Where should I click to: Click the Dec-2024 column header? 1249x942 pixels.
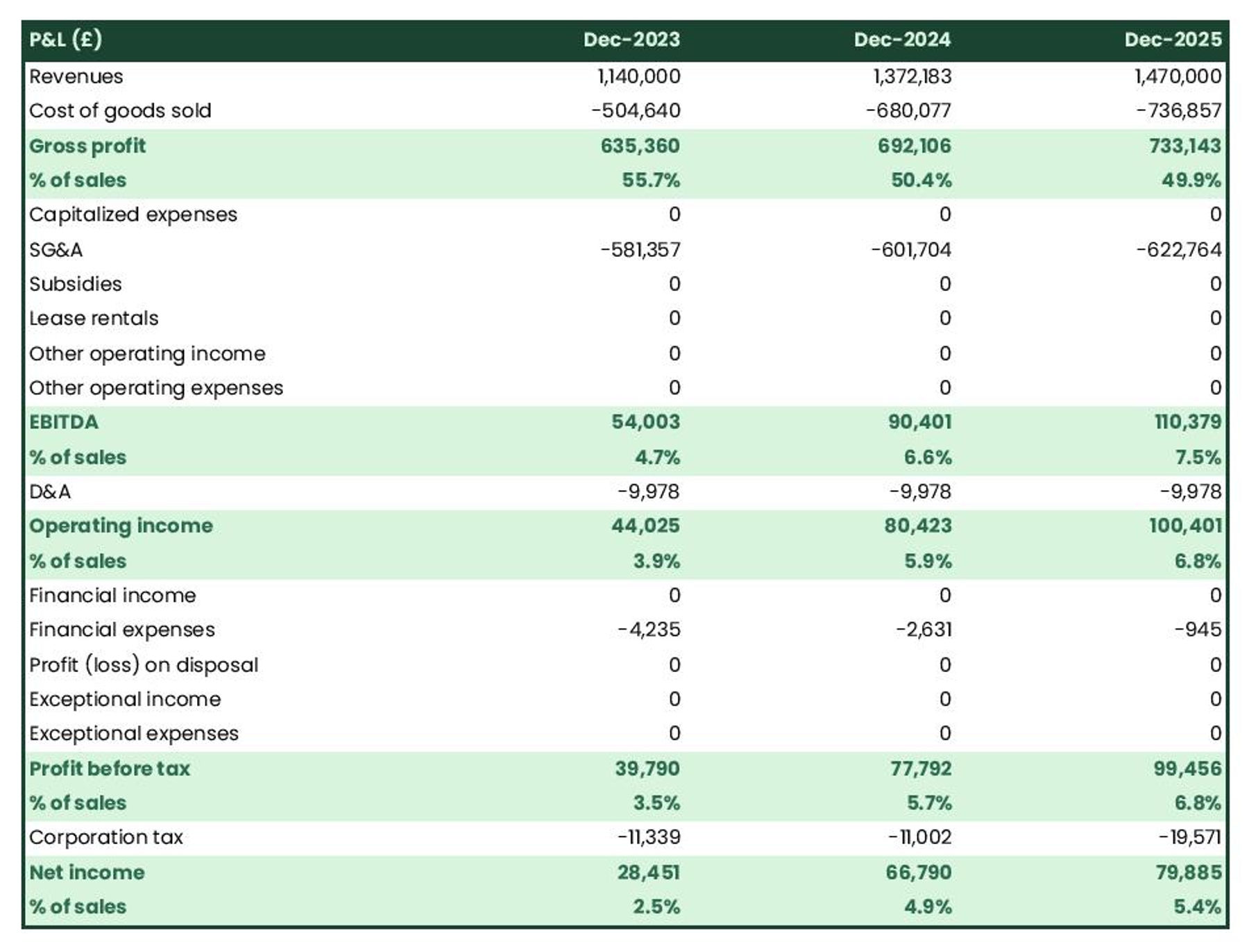pos(901,40)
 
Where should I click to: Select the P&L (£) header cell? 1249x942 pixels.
pos(66,40)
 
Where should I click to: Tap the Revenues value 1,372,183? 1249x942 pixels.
pos(912,76)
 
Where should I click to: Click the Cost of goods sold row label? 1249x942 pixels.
pos(120,111)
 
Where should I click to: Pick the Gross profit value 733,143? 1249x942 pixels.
pos(1184,146)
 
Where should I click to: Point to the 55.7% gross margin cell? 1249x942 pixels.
pos(650,180)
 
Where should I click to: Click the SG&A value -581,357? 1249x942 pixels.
pos(640,250)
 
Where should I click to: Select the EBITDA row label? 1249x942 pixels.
pos(64,422)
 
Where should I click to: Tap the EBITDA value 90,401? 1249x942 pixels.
pos(919,422)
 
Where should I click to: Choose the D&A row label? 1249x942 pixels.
pos(50,491)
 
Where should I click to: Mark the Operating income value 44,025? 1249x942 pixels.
pos(645,525)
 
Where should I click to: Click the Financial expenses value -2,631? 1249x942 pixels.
pos(923,630)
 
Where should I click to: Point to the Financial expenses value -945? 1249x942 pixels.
pos(1197,630)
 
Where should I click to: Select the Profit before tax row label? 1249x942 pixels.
pos(110,768)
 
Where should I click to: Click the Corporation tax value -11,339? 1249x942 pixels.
pos(649,837)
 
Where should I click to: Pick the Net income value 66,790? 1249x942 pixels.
pos(918,872)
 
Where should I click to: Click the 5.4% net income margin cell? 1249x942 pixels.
pos(1197,907)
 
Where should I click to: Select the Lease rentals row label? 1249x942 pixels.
pos(94,319)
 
